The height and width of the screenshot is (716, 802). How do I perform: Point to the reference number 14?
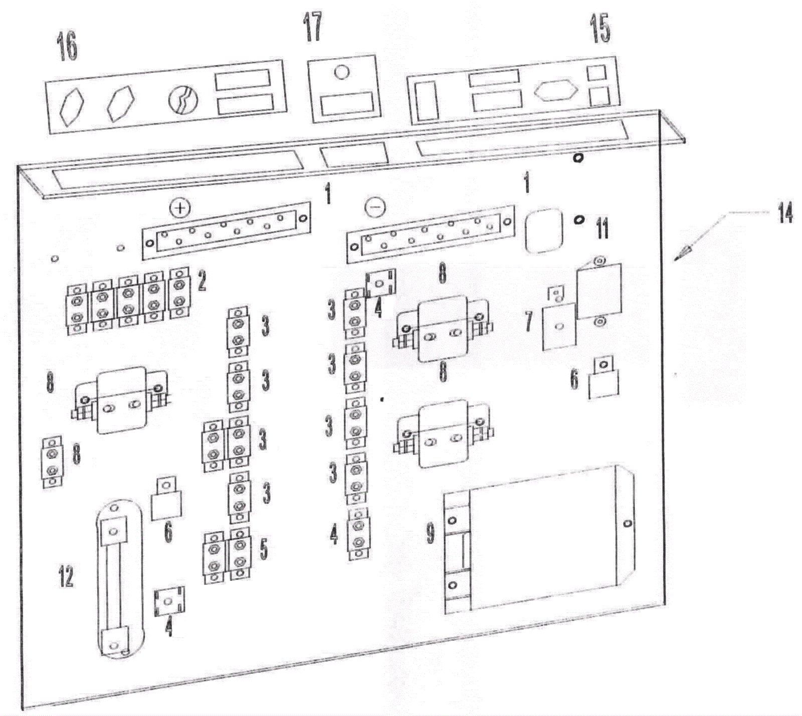click(x=785, y=213)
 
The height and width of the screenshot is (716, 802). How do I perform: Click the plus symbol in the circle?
click(x=180, y=207)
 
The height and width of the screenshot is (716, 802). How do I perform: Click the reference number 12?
click(x=66, y=576)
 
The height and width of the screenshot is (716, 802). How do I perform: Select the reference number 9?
click(x=431, y=533)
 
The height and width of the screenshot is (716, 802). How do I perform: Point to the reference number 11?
click(x=602, y=228)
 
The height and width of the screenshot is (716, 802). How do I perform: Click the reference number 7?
click(x=528, y=321)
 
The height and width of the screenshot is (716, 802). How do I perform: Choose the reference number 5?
click(x=264, y=549)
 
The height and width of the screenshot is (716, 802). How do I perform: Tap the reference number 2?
click(x=202, y=281)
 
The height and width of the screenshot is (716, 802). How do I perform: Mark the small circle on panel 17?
click(x=341, y=72)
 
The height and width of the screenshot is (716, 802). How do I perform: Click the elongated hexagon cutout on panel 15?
click(x=556, y=91)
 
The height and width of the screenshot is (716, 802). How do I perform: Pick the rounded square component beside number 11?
click(x=544, y=230)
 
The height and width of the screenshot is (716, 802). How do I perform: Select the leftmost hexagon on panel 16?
click(x=72, y=106)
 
